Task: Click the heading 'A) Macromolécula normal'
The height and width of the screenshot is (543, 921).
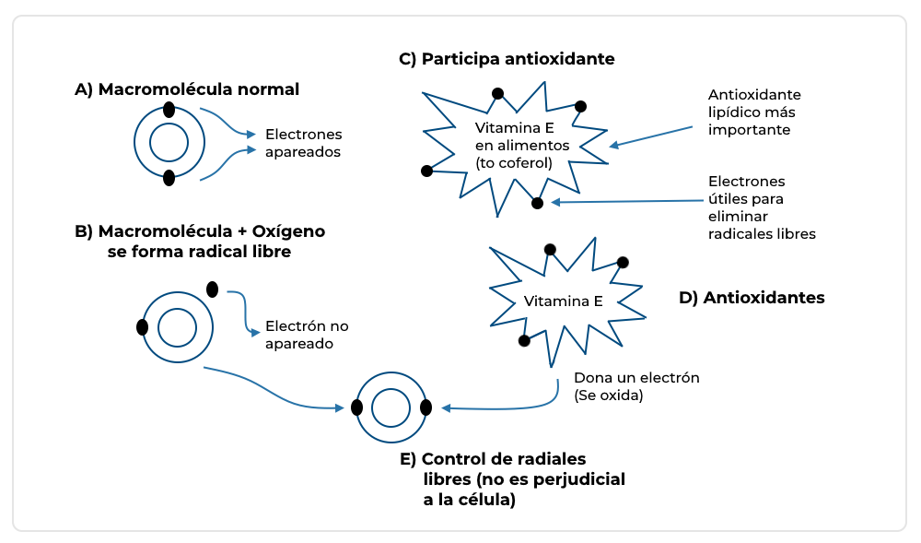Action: [187, 89]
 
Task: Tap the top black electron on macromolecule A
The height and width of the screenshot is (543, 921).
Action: [169, 110]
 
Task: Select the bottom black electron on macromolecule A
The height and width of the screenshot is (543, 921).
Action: [169, 178]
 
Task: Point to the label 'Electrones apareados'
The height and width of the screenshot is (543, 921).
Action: [303, 143]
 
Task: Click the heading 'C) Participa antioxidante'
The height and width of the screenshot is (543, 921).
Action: [507, 59]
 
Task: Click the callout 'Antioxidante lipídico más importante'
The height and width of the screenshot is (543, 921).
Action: [754, 112]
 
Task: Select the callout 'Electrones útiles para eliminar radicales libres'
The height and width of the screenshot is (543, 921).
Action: [762, 207]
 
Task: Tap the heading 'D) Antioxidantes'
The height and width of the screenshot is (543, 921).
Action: [752, 298]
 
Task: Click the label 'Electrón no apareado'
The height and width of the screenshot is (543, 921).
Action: [307, 335]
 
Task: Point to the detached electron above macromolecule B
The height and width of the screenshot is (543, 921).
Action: [213, 289]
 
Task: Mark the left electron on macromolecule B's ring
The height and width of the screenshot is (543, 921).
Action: [143, 327]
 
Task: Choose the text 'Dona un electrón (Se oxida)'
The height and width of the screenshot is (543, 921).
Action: [637, 386]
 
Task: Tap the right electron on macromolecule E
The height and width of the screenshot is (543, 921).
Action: [426, 407]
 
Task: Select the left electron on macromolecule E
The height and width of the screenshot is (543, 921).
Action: [356, 407]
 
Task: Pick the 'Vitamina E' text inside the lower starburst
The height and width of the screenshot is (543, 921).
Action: [563, 301]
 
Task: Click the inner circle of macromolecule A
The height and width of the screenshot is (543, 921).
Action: [169, 143]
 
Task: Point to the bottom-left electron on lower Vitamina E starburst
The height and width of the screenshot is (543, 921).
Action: [524, 340]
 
